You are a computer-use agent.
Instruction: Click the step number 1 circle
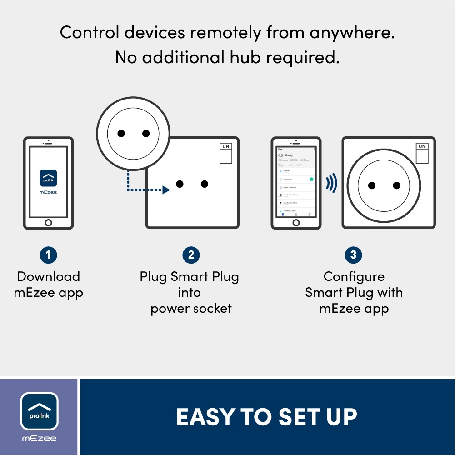coord(48,255)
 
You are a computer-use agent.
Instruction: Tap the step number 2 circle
coord(191,255)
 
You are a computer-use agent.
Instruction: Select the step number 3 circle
coord(353,255)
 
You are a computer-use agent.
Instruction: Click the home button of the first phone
coord(48,222)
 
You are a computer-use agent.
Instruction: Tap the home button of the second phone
coord(296,222)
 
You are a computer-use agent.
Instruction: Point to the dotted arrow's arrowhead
coord(166,190)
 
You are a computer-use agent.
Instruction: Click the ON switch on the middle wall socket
coord(225,153)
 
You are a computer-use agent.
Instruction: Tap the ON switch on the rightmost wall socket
coord(422,153)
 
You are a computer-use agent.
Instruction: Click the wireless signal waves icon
coord(331,183)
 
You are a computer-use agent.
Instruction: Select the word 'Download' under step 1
coord(48,276)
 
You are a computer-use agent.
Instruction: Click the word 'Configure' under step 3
coord(354,276)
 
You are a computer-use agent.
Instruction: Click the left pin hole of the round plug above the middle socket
coord(121,133)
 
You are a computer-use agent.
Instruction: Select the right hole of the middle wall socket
coord(205,184)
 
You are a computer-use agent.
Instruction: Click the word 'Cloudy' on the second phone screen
coord(289,155)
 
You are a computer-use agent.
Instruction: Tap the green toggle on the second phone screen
coord(311,180)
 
